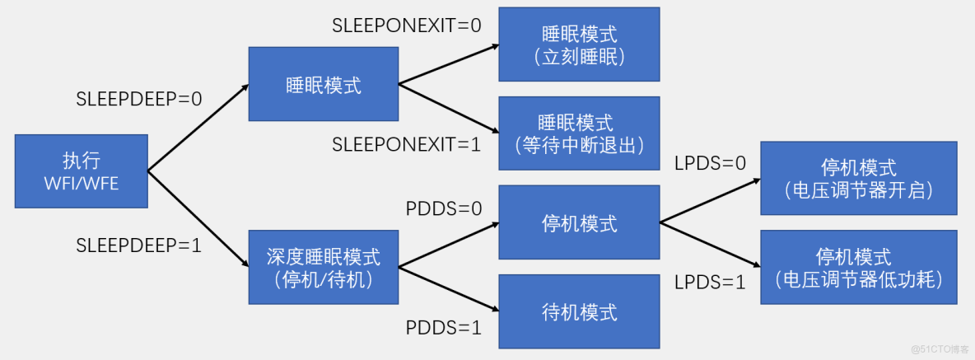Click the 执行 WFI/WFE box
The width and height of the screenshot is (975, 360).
point(82,171)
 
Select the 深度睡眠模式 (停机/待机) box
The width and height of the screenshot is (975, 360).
point(324,267)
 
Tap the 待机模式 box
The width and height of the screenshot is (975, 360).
point(579,312)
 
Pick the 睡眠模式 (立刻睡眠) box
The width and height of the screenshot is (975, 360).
point(579,44)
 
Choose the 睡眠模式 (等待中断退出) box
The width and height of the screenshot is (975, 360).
point(579,134)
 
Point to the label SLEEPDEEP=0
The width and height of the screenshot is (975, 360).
point(139,100)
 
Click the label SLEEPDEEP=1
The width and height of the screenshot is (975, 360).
point(139,245)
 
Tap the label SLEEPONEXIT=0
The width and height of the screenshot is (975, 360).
point(407,26)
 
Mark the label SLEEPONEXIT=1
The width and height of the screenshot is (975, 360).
point(407,144)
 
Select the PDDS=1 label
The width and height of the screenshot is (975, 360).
point(444,328)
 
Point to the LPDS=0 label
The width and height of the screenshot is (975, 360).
point(709,163)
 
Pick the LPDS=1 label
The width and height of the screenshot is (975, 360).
point(709,282)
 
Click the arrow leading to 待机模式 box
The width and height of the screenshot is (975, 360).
point(449,289)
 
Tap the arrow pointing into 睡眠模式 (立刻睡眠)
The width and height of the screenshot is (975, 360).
point(449,63)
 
